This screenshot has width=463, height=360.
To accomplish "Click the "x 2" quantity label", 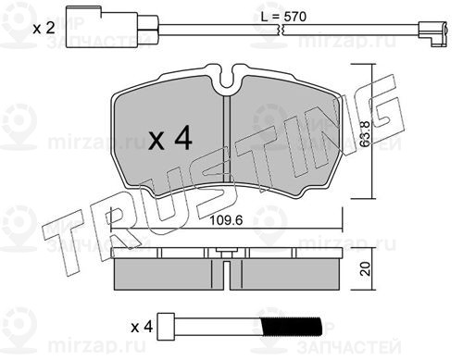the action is point(44,28).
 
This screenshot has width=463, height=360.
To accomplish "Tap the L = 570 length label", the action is point(283,17).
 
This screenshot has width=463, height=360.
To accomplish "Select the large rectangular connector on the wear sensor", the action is point(102,28).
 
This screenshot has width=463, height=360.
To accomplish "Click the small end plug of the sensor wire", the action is point(432,34).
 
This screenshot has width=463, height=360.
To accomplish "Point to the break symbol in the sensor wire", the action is point(281,30).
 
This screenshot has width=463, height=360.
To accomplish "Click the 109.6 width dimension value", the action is point(226,220).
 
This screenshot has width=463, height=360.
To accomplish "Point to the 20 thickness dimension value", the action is point(365,268).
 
